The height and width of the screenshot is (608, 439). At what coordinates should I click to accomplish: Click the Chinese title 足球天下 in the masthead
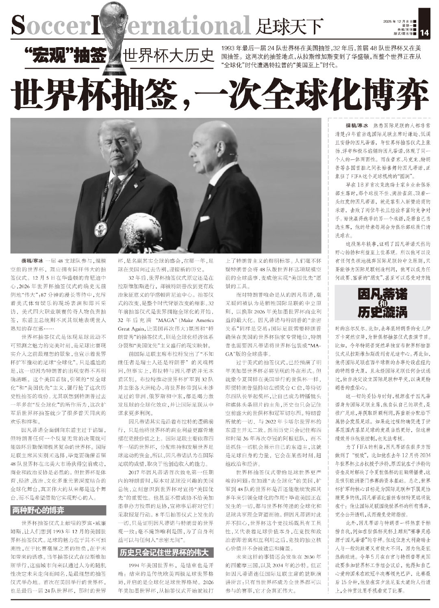[x=289, y=27]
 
